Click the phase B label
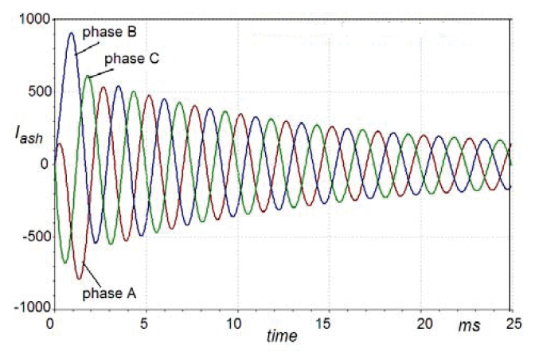click(110, 32)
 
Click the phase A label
click(110, 292)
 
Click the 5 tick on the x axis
click(143, 324)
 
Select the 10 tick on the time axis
click(234, 324)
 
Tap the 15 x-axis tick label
click(326, 324)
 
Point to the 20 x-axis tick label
click(419, 324)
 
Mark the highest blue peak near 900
click(71, 33)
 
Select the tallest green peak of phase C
click(88, 76)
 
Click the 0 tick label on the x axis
click(51, 324)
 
